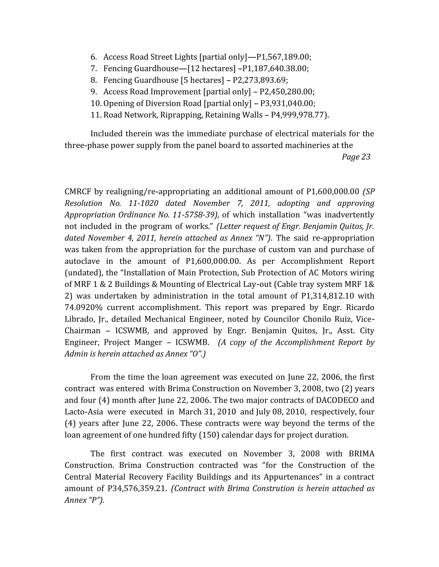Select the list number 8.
94,80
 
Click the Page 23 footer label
356,157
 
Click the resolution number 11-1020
143,203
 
